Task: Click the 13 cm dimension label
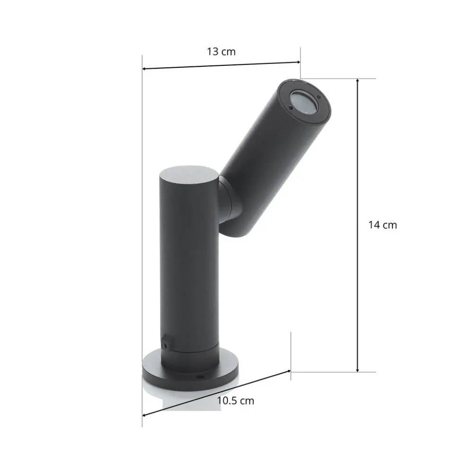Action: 221,52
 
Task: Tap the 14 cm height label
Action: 382,225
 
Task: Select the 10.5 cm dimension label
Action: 235,401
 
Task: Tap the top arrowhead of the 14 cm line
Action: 358,81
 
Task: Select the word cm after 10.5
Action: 247,401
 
